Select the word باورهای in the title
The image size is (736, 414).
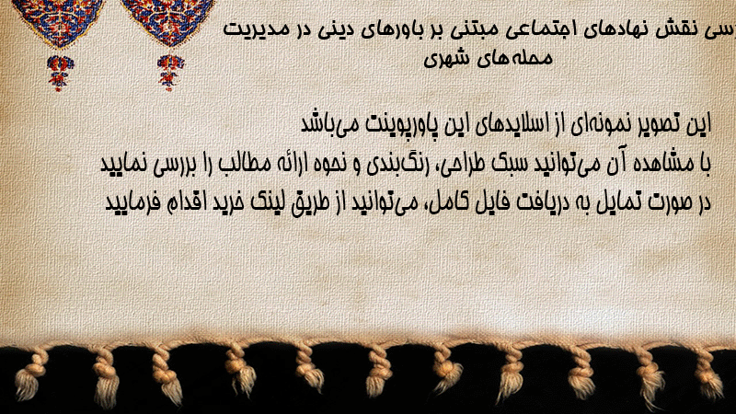[397, 30]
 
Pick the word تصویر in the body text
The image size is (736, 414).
[651, 123]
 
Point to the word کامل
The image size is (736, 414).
[444, 202]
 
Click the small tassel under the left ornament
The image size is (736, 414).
[60, 72]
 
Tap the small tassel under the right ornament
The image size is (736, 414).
[170, 72]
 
